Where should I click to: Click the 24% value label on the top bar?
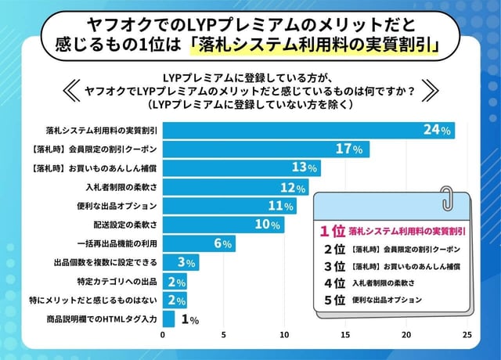point(436,131)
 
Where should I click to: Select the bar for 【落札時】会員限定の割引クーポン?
point(266,149)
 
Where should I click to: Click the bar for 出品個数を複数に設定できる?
point(180,262)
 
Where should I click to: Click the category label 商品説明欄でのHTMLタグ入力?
point(102,319)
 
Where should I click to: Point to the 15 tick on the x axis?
point(345,336)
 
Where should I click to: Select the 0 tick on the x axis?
point(163,336)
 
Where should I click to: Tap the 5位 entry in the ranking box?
point(334,300)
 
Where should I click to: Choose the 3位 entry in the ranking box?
point(334,266)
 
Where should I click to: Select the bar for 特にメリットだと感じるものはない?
point(175,301)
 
